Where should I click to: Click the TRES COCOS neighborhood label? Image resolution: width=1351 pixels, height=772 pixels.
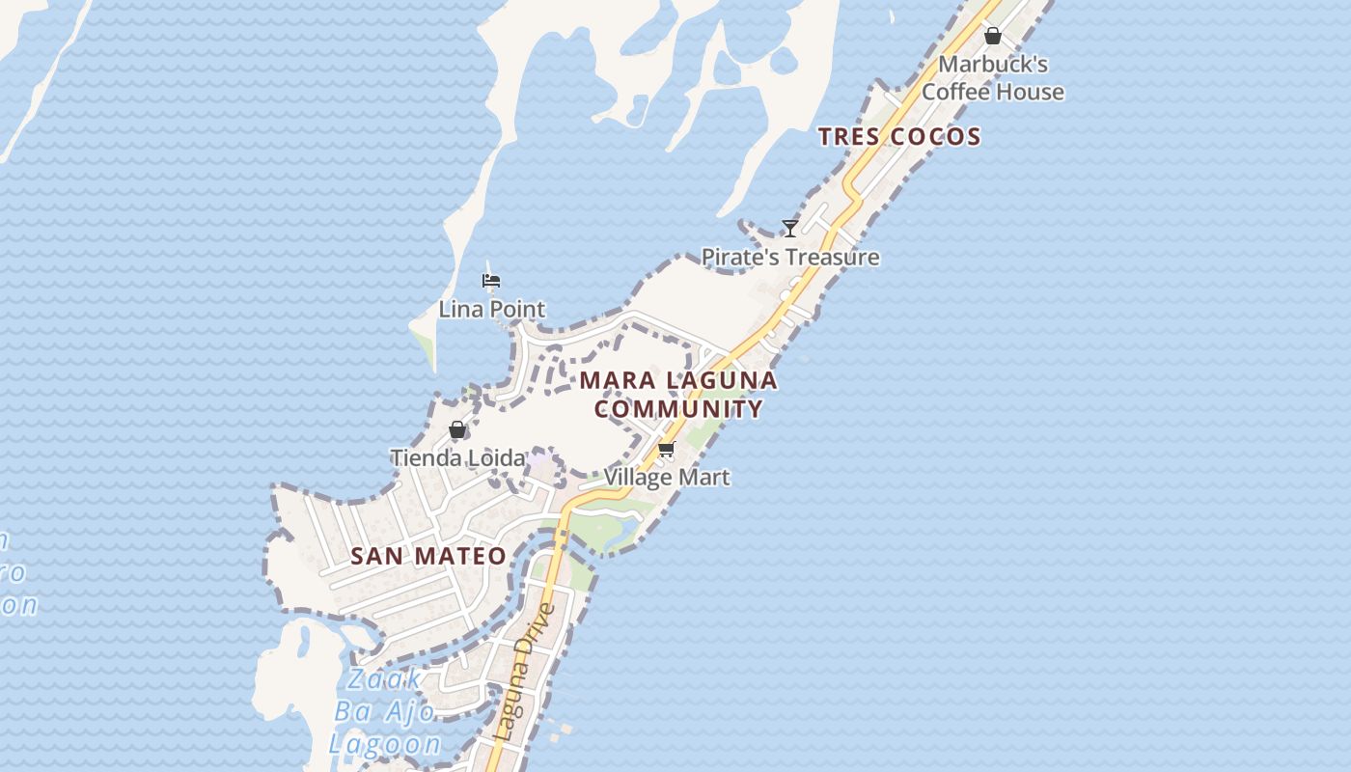point(899,136)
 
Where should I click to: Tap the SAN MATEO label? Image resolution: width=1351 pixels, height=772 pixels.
point(427,556)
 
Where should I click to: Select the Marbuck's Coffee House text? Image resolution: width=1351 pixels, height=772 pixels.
point(993,77)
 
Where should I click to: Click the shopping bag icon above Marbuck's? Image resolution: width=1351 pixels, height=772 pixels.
point(992,36)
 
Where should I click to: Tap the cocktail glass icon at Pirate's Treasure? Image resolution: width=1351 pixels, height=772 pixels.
point(789,228)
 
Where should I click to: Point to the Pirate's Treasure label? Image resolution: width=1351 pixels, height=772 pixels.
point(789,257)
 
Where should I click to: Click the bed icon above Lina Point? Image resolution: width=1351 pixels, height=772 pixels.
point(491,281)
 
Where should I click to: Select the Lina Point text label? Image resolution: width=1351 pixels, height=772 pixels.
point(491,309)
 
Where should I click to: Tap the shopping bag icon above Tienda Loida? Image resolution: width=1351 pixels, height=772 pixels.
point(457,429)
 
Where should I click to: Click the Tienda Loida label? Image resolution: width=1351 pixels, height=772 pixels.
point(457,457)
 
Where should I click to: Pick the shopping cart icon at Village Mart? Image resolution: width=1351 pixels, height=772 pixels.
point(666,449)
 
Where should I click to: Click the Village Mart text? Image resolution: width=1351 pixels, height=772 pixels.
point(667,477)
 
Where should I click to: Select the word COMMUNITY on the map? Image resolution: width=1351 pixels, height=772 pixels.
point(677,408)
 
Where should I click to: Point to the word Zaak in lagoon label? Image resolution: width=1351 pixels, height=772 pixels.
point(383,679)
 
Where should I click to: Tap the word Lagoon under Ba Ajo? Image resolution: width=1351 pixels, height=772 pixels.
point(384,744)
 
